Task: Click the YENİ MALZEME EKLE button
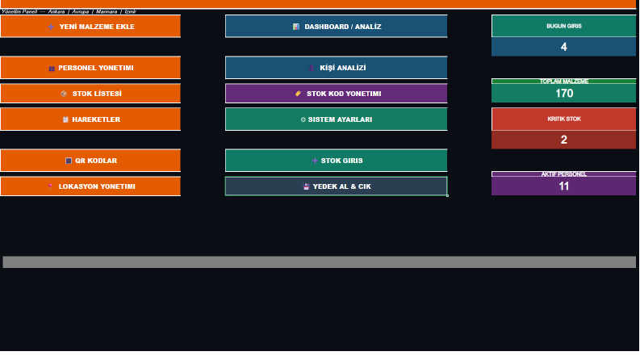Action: click(90, 26)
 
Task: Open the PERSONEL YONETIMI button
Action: click(90, 67)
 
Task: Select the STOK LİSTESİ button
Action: click(90, 94)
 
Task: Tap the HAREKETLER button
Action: click(90, 119)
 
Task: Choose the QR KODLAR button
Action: click(90, 161)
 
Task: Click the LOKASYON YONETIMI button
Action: click(90, 186)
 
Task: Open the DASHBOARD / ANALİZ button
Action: click(337, 26)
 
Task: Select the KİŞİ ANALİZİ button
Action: click(337, 67)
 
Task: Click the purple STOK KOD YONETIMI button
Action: click(337, 94)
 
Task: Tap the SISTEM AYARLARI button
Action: click(337, 119)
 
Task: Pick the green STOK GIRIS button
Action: click(337, 161)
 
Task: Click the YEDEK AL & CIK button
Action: click(337, 186)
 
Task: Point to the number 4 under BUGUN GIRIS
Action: click(563, 47)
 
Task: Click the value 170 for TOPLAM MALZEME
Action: click(564, 94)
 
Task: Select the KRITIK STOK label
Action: click(564, 119)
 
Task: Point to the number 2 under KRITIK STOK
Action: click(563, 140)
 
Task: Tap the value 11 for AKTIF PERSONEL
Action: click(563, 186)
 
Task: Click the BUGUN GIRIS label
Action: click(564, 26)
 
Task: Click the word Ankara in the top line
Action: click(56, 12)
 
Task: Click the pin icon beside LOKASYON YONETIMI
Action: click(50, 186)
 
